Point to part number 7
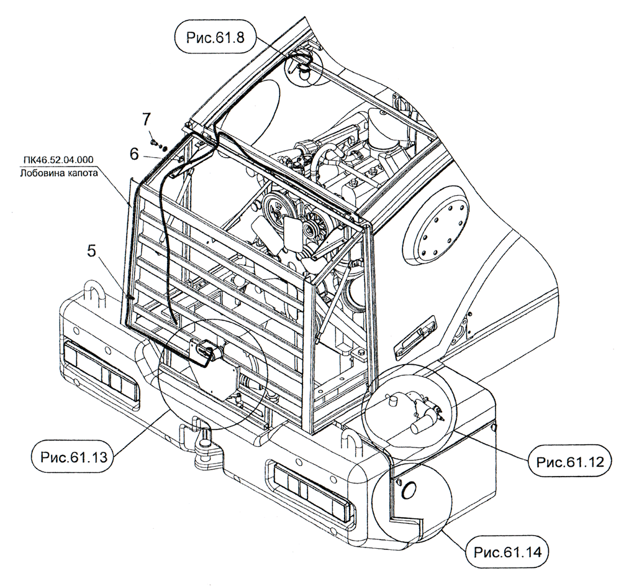click(x=147, y=117)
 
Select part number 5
click(x=91, y=252)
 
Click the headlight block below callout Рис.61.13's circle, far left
click(x=101, y=371)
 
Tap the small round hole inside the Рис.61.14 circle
click(x=409, y=490)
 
